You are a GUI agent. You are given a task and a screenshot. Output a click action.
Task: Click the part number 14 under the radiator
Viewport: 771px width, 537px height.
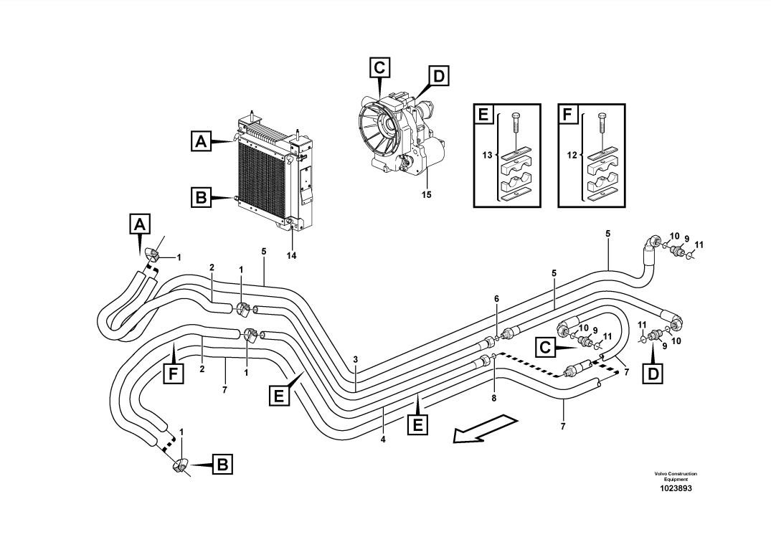pyautogui.click(x=291, y=255)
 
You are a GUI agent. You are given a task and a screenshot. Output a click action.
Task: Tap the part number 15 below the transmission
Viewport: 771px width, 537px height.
pyautogui.click(x=427, y=194)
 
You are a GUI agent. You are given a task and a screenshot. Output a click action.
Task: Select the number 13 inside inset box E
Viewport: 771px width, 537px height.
pyautogui.click(x=488, y=156)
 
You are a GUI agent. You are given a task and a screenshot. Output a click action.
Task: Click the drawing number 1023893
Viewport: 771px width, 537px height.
pyautogui.click(x=675, y=489)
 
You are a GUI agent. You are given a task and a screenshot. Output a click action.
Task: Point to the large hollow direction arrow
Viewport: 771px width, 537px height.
pyautogui.click(x=485, y=428)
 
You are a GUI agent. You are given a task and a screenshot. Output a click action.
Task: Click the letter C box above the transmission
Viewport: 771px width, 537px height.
pyautogui.click(x=380, y=67)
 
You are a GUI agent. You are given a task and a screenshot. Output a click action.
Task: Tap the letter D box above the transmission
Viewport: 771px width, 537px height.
pyautogui.click(x=438, y=75)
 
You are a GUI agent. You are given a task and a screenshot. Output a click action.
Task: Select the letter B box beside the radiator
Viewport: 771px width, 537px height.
pyautogui.click(x=201, y=196)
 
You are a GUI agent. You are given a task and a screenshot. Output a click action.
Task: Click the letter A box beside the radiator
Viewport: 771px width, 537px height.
pyautogui.click(x=201, y=142)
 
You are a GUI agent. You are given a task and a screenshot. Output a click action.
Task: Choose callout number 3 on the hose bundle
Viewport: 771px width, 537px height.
pyautogui.click(x=355, y=359)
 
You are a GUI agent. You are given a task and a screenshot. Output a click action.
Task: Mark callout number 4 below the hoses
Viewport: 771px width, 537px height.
pyautogui.click(x=383, y=439)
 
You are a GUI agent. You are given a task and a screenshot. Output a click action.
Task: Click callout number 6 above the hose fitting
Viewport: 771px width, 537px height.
pyautogui.click(x=496, y=298)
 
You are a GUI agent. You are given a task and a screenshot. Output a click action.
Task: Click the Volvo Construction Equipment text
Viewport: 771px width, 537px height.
pyautogui.click(x=675, y=476)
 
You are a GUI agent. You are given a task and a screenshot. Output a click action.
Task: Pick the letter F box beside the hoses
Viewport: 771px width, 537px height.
pyautogui.click(x=173, y=373)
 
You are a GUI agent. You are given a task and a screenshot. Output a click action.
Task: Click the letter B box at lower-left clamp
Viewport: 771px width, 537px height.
pyautogui.click(x=222, y=465)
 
